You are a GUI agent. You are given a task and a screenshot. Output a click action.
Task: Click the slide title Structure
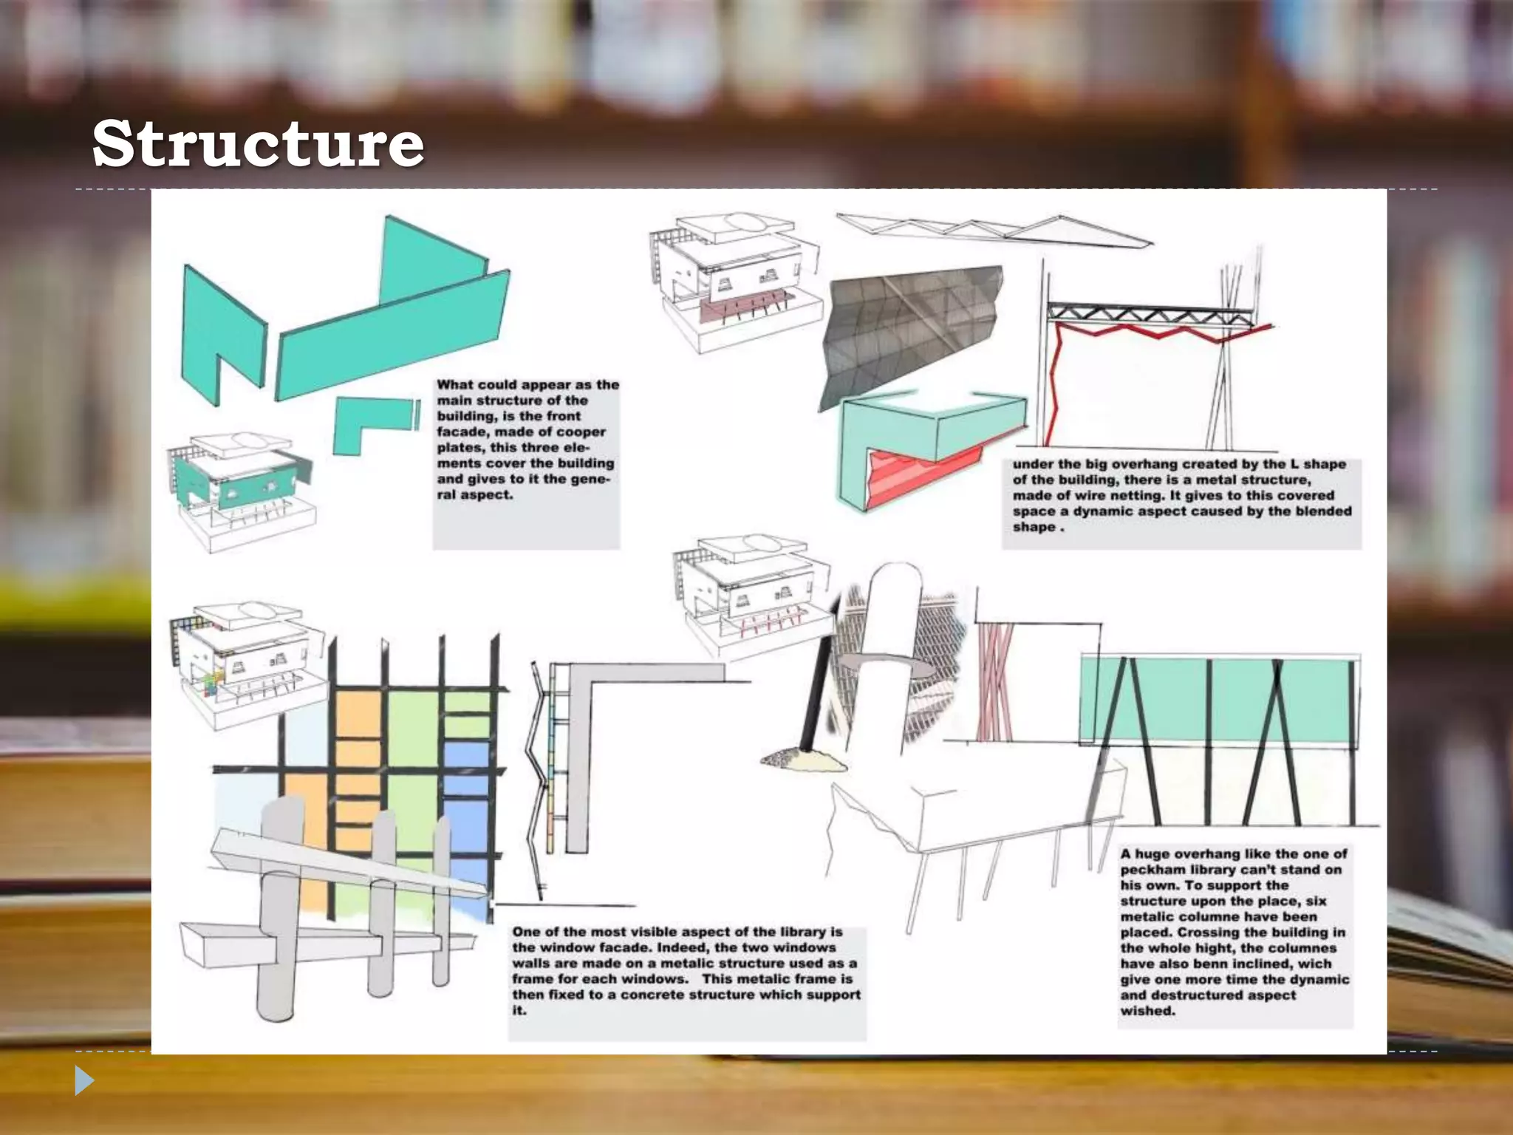258,143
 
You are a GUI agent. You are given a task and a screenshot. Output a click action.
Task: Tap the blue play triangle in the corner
83,1080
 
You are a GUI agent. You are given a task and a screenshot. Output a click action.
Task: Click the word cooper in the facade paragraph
581,432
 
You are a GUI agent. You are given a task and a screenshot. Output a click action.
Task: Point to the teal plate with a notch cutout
222,325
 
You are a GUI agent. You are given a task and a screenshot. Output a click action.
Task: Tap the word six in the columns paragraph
1316,901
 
